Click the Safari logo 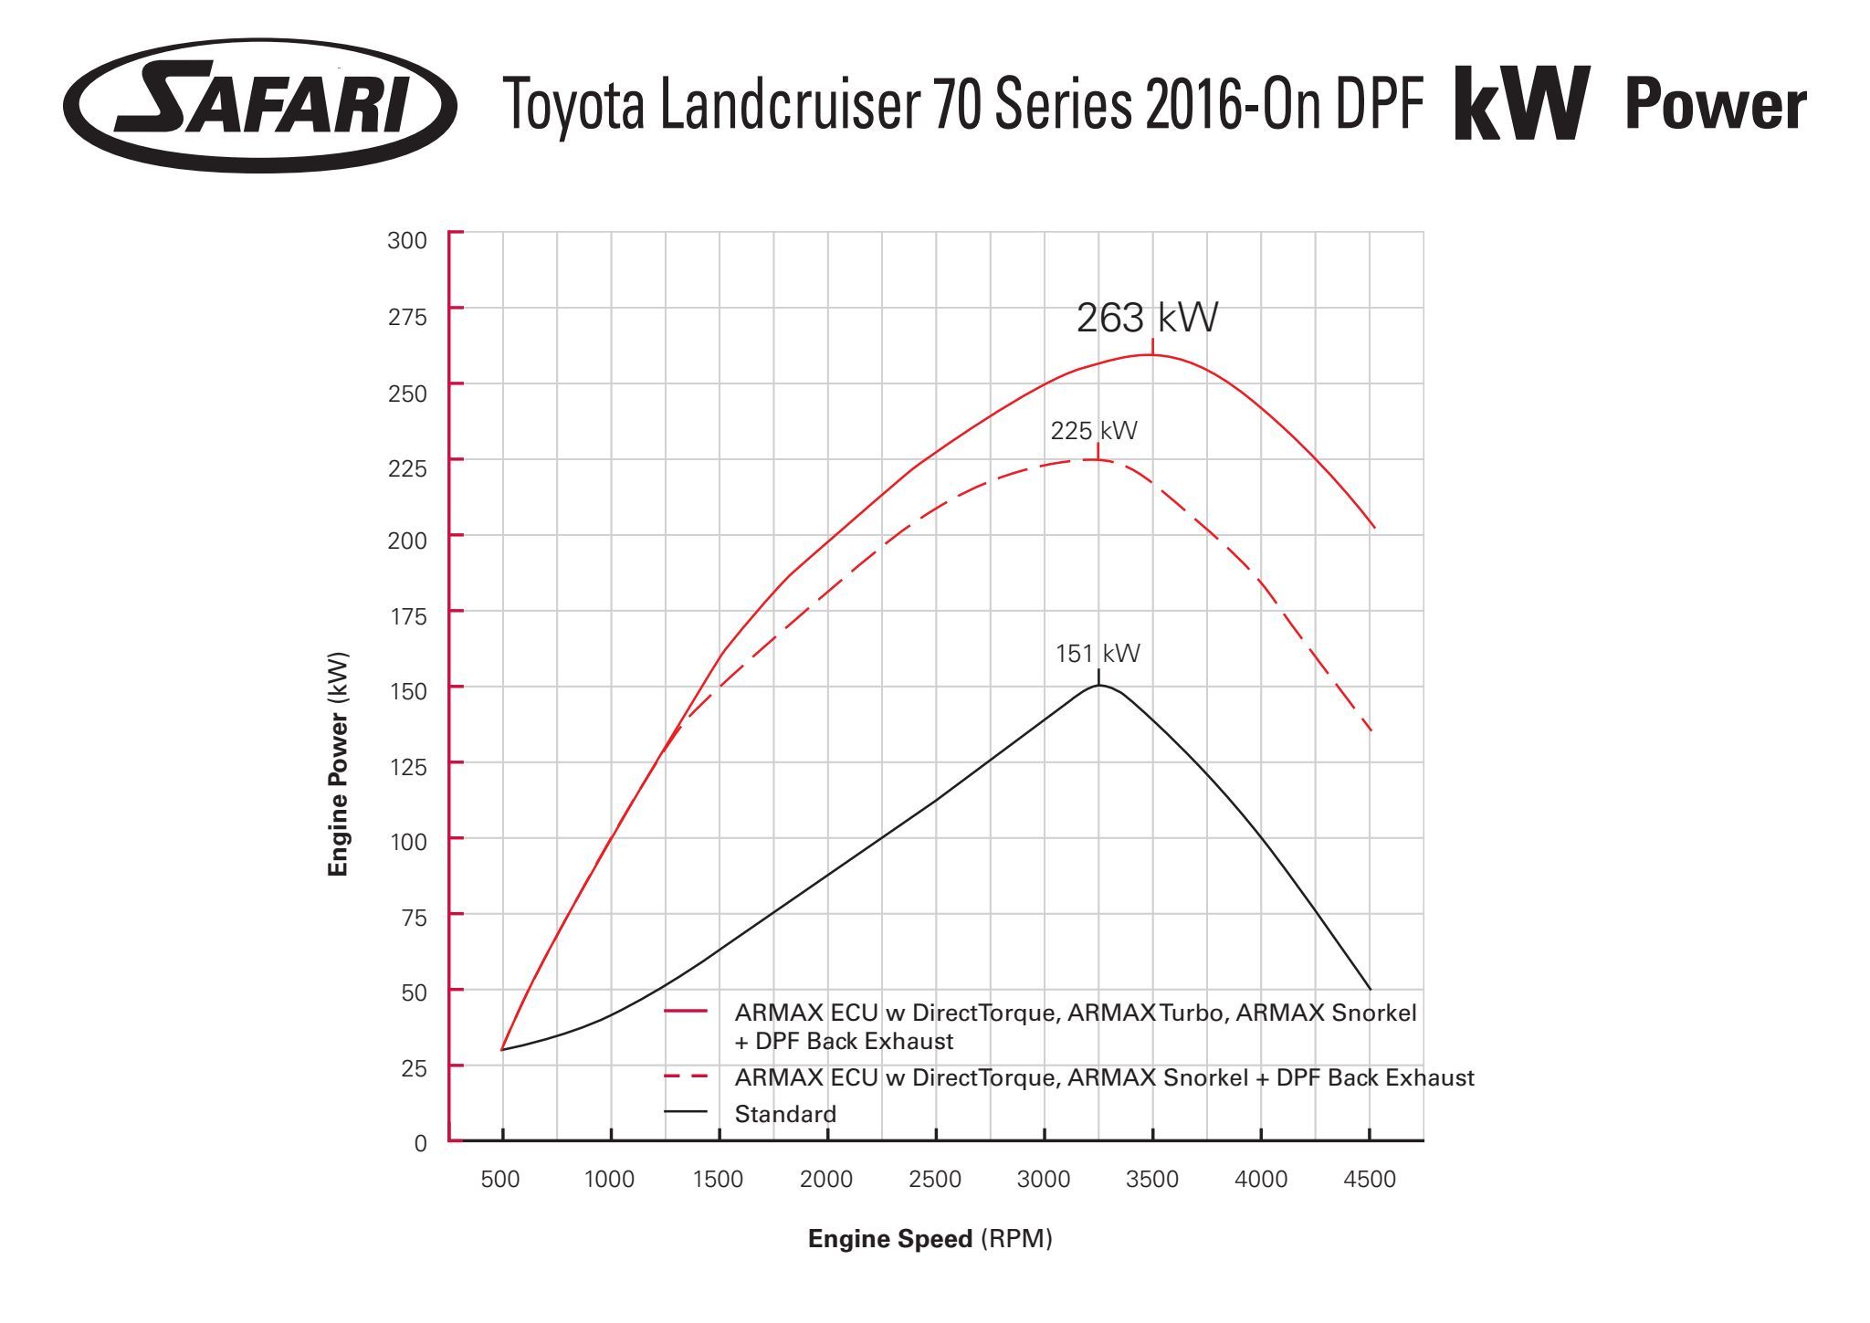(260, 105)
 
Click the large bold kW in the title (1522, 103)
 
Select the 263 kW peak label (1147, 318)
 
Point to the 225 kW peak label (1094, 431)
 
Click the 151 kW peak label (1098, 654)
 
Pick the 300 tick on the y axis (407, 240)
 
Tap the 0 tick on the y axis (420, 1143)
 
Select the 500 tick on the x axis (500, 1180)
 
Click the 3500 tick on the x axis (1152, 1180)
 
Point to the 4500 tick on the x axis (1370, 1180)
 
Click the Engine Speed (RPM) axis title (930, 1239)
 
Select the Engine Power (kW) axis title (338, 763)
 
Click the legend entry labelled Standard (785, 1114)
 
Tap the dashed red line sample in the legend (686, 1077)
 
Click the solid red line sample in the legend (686, 1012)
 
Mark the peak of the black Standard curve (1099, 685)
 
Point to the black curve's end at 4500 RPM (1370, 989)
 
